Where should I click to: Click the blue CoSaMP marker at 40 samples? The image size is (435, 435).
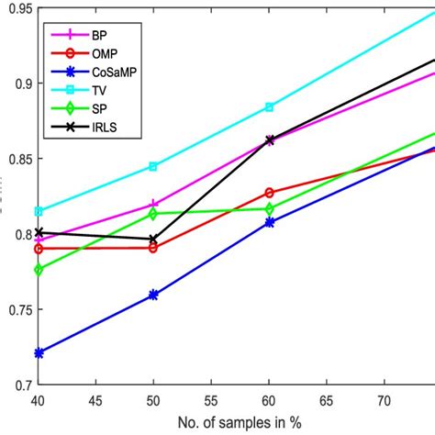tap(38, 352)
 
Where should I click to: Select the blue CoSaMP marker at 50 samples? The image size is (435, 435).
tap(153, 295)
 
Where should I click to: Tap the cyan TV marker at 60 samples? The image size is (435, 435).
tap(269, 107)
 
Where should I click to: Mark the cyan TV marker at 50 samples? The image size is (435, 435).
tap(153, 166)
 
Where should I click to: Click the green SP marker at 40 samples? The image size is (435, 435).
tap(38, 270)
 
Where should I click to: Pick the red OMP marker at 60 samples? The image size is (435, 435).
tap(269, 193)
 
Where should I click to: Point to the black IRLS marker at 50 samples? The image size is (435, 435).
tap(153, 239)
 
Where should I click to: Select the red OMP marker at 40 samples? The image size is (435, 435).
tap(38, 249)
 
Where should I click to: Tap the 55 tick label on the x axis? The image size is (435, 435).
tap(211, 400)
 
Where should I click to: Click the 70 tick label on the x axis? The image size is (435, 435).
tap(385, 400)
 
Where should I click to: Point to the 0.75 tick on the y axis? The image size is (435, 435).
tap(17, 309)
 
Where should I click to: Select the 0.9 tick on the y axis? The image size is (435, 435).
tap(20, 83)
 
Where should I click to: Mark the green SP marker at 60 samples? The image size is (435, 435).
tap(269, 208)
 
